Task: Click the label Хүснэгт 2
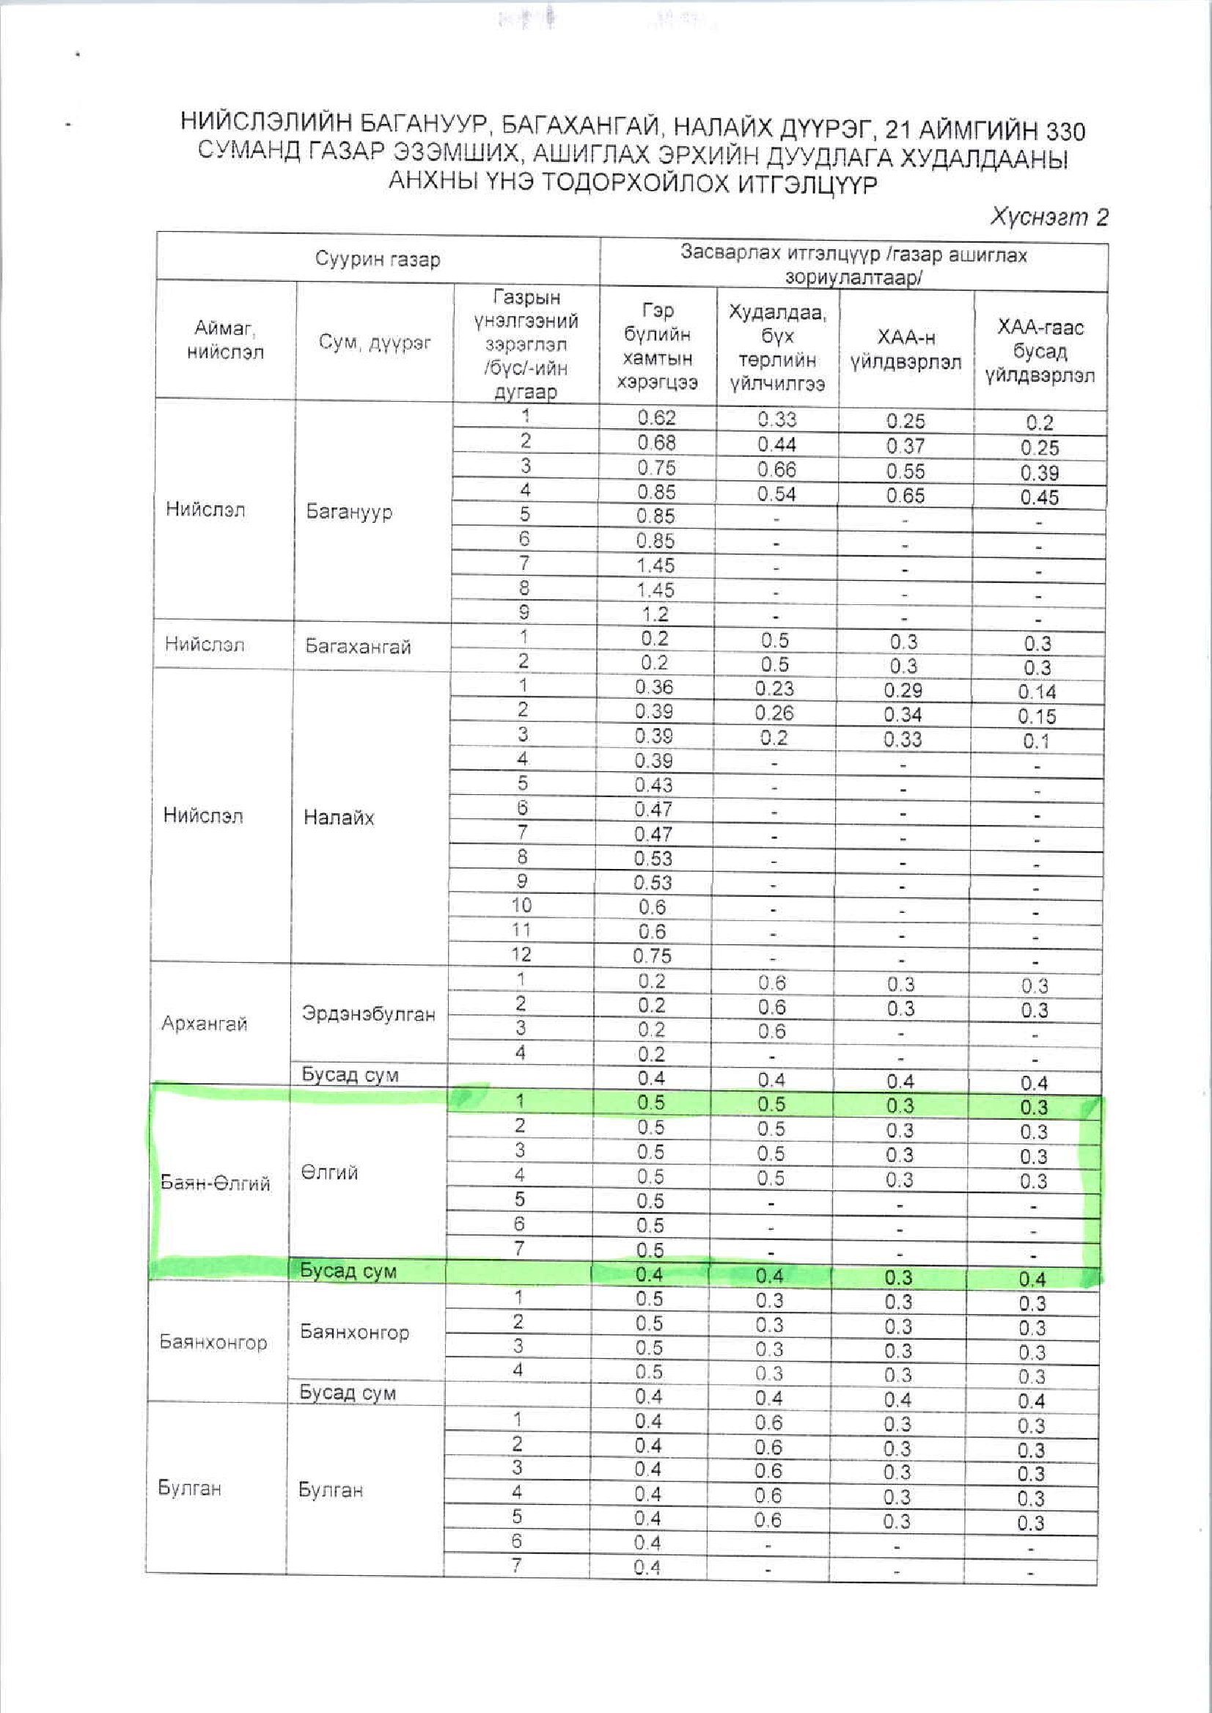tap(1048, 217)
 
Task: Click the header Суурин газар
tap(378, 259)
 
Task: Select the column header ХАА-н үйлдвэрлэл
tap(906, 349)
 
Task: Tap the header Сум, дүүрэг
tap(375, 342)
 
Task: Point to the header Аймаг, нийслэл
tap(224, 340)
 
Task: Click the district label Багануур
tap(349, 512)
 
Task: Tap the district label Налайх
tap(339, 818)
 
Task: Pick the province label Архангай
tap(204, 1023)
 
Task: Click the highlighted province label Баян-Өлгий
tap(215, 1183)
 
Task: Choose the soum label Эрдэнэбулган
tap(368, 1013)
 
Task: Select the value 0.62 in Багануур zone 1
tap(657, 418)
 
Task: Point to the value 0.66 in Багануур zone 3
tap(776, 469)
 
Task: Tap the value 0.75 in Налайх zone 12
tap(653, 956)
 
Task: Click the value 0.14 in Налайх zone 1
tap(1037, 692)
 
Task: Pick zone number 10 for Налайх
tap(521, 906)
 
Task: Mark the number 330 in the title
tap(1065, 131)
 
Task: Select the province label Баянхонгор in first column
tap(213, 1342)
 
